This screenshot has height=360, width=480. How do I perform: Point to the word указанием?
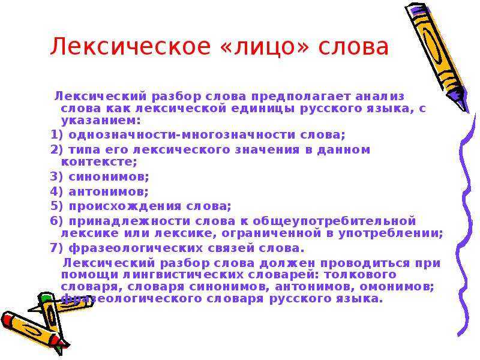point(97,120)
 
